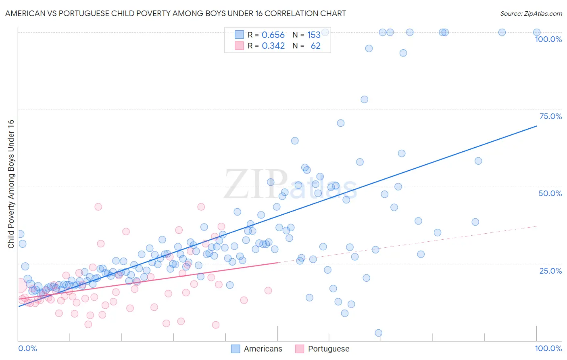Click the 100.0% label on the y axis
click(x=548, y=39)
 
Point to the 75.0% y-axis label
click(x=550, y=116)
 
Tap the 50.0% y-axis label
click(x=550, y=193)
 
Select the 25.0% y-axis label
click(x=550, y=271)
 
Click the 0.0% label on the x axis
click(x=27, y=348)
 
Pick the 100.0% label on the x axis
click(x=548, y=348)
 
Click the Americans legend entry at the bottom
click(x=263, y=349)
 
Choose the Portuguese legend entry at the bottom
click(x=328, y=349)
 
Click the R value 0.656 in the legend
click(x=273, y=35)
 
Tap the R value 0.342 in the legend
click(x=273, y=46)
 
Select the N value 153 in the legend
click(x=314, y=35)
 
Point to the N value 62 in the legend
click(x=315, y=46)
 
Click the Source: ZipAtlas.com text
click(x=531, y=13)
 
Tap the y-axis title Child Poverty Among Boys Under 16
click(x=11, y=184)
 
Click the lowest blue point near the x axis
click(x=378, y=333)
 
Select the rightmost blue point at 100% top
click(x=537, y=32)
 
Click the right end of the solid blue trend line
click(x=536, y=126)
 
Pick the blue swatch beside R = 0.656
click(x=239, y=35)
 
